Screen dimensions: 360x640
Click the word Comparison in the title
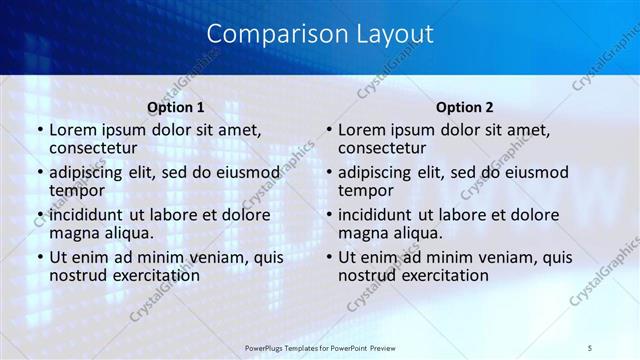(x=267, y=34)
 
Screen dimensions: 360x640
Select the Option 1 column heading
(x=176, y=107)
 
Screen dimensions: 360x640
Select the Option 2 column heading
(x=465, y=107)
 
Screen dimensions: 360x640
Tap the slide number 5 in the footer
(x=589, y=347)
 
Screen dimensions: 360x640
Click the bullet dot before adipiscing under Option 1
(x=39, y=172)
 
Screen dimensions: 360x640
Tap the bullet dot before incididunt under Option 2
(x=328, y=215)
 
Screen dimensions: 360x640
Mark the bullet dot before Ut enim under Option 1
(x=39, y=257)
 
